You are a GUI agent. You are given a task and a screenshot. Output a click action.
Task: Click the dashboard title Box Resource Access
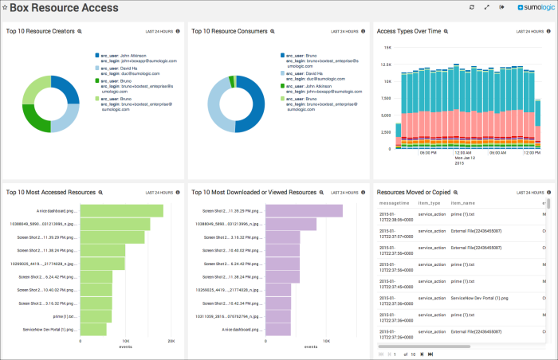64,8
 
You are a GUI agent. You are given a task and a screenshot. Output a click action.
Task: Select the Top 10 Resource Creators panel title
40,32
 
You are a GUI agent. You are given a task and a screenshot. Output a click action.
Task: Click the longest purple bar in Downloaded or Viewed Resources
304,211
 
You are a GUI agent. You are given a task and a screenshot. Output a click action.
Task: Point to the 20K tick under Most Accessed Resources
170,341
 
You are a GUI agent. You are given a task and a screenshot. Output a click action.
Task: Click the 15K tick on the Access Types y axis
387,46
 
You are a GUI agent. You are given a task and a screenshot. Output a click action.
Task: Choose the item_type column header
430,204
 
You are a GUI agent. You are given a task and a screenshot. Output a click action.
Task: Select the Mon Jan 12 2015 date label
466,159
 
